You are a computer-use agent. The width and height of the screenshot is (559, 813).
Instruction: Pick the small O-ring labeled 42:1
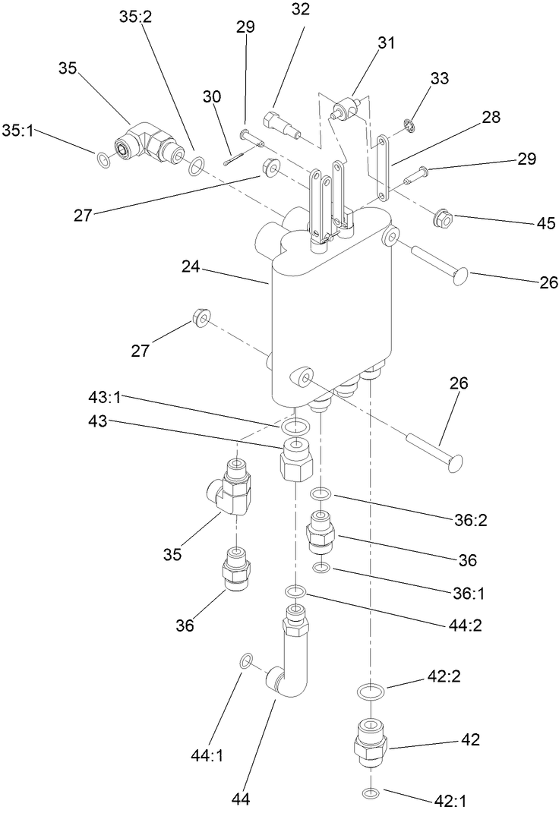point(370,793)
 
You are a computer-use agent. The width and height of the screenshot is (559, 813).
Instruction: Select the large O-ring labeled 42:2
point(370,692)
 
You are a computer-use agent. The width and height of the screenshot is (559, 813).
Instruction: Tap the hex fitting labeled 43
point(295,458)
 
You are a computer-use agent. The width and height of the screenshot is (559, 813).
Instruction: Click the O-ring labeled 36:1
point(322,568)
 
